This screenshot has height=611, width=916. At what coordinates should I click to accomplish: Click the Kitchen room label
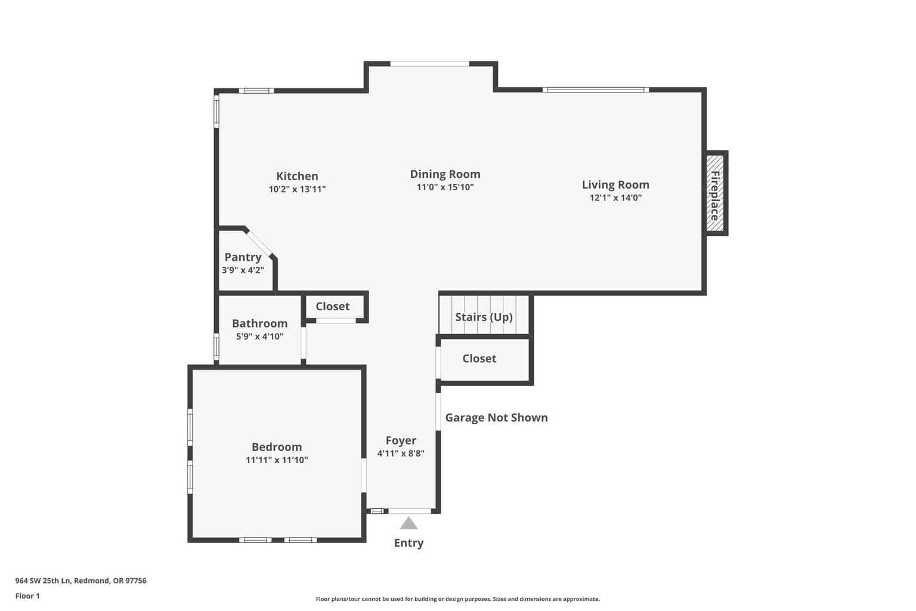click(x=297, y=176)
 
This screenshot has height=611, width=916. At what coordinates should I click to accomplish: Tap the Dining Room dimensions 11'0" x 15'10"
click(x=445, y=187)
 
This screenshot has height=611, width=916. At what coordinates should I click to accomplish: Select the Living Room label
click(x=615, y=184)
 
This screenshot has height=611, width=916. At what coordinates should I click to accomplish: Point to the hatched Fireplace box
click(x=715, y=193)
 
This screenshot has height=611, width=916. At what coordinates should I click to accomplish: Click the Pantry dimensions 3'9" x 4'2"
click(x=243, y=270)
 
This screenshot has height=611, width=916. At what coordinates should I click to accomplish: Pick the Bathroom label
click(x=259, y=323)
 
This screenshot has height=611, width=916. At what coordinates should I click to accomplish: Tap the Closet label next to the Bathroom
click(x=332, y=306)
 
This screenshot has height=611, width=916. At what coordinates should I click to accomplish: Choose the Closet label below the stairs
click(x=479, y=359)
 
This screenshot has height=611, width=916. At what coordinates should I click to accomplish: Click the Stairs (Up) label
click(x=484, y=317)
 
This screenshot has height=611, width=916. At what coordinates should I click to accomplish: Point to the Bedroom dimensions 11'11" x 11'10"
click(x=277, y=460)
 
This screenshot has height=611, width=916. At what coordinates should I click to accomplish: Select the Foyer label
click(x=401, y=440)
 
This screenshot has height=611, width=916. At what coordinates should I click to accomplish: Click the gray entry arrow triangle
click(x=409, y=523)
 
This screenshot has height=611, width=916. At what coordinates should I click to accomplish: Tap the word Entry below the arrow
click(x=409, y=543)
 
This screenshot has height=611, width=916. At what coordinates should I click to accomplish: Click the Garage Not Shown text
click(x=496, y=418)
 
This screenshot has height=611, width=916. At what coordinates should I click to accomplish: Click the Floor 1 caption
click(x=27, y=596)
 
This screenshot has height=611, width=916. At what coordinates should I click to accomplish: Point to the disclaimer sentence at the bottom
click(x=457, y=598)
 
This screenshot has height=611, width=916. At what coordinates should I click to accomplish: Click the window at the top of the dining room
click(x=429, y=64)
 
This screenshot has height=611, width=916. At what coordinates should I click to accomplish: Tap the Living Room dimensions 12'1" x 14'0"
click(x=615, y=198)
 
